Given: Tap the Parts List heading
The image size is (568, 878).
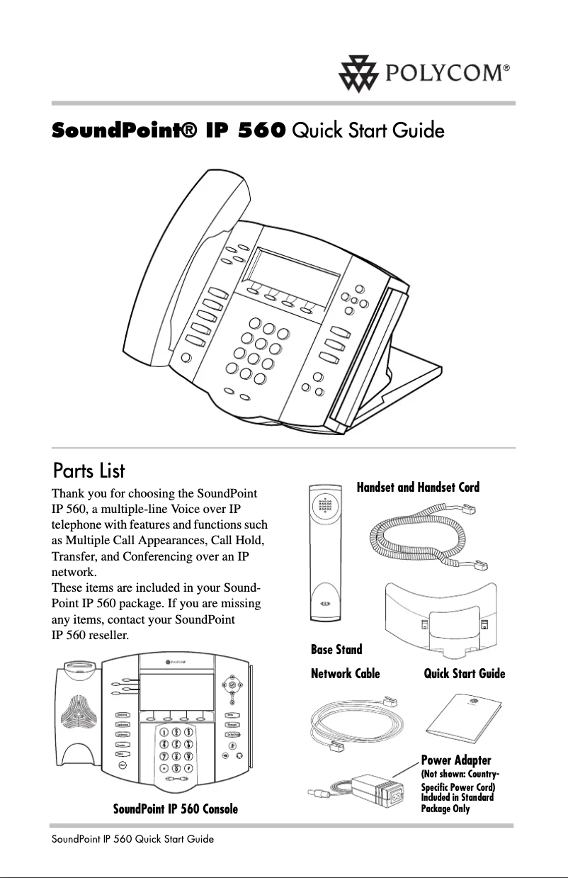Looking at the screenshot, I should pyautogui.click(x=89, y=471).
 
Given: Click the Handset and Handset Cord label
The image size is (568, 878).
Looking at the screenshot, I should pyautogui.click(x=418, y=487).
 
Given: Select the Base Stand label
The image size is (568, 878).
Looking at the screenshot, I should pyautogui.click(x=336, y=649).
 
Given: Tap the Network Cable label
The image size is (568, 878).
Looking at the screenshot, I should pyautogui.click(x=346, y=673).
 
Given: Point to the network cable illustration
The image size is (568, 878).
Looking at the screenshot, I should pyautogui.click(x=358, y=724).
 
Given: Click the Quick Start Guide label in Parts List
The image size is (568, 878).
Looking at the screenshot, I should pyautogui.click(x=464, y=673).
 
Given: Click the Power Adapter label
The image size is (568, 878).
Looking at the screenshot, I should pyautogui.click(x=456, y=760).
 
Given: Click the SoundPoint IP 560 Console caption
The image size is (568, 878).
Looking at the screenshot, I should pyautogui.click(x=176, y=809).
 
